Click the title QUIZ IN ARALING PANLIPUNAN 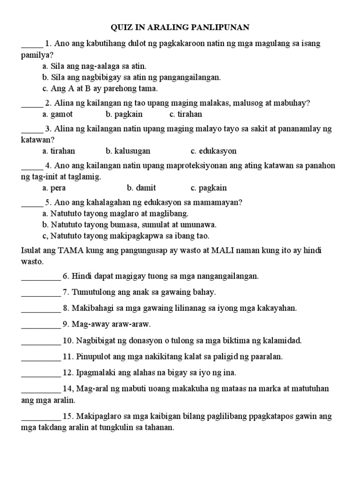coord(180,27)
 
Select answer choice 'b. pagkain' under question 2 coord(124,114)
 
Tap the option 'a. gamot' coord(57,114)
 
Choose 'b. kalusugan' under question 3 coord(128,151)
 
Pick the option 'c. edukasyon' coord(213,151)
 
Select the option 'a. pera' coord(53,188)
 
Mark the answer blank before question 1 coord(32,45)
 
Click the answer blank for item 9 coord(41,325)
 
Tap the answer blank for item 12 coord(41,374)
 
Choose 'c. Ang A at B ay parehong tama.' coord(100,88)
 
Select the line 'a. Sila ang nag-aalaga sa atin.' coord(94,66)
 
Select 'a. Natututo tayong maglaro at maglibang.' coord(115,214)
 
